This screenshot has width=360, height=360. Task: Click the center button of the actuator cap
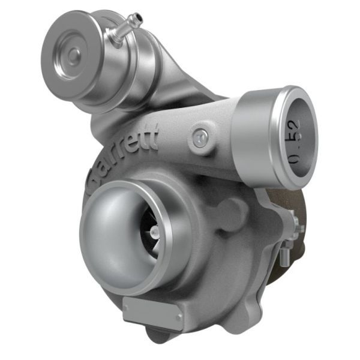[x=74, y=55]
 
